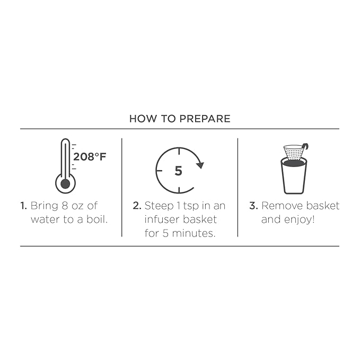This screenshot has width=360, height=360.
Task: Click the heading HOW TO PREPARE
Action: (x=180, y=119)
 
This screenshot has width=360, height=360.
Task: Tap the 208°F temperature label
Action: (x=90, y=157)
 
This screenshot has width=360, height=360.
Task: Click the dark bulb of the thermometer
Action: (x=65, y=183)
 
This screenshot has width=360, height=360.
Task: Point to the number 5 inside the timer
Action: (x=178, y=171)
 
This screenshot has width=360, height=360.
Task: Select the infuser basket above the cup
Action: (x=294, y=152)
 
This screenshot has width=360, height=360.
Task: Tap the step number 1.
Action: (x=24, y=206)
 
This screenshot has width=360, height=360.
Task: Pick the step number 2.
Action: (x=137, y=206)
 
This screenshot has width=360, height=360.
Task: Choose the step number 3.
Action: (x=253, y=206)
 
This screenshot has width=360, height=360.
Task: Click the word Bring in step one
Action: (x=45, y=206)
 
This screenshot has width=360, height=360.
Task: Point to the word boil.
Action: (x=97, y=219)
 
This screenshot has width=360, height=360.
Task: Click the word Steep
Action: (x=159, y=206)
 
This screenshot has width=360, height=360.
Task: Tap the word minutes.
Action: (x=194, y=233)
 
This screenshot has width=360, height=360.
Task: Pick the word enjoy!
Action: (x=299, y=220)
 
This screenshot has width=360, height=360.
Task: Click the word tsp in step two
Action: (x=191, y=206)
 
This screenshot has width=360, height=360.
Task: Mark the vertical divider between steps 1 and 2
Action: (x=122, y=187)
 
